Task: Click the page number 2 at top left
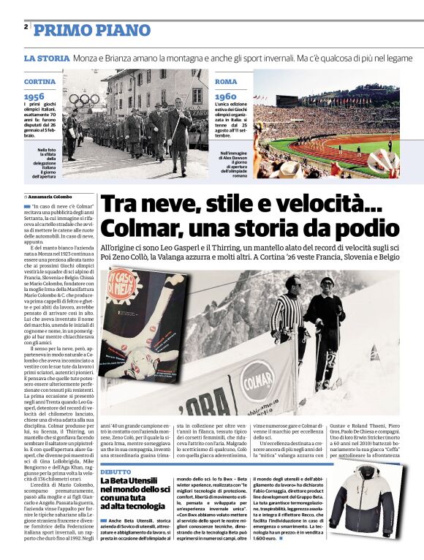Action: (26, 27)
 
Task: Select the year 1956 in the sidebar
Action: (34, 96)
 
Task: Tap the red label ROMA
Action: (226, 81)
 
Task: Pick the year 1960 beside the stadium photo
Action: (226, 96)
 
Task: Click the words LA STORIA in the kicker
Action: (46, 58)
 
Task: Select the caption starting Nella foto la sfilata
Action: (49, 164)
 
